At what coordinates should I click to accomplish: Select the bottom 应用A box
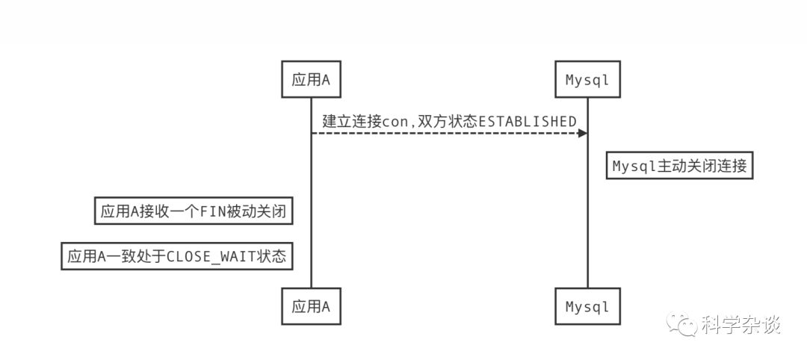[x=311, y=306]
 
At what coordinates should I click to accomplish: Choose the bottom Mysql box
[x=587, y=306]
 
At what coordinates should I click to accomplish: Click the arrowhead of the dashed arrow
[x=582, y=133]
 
